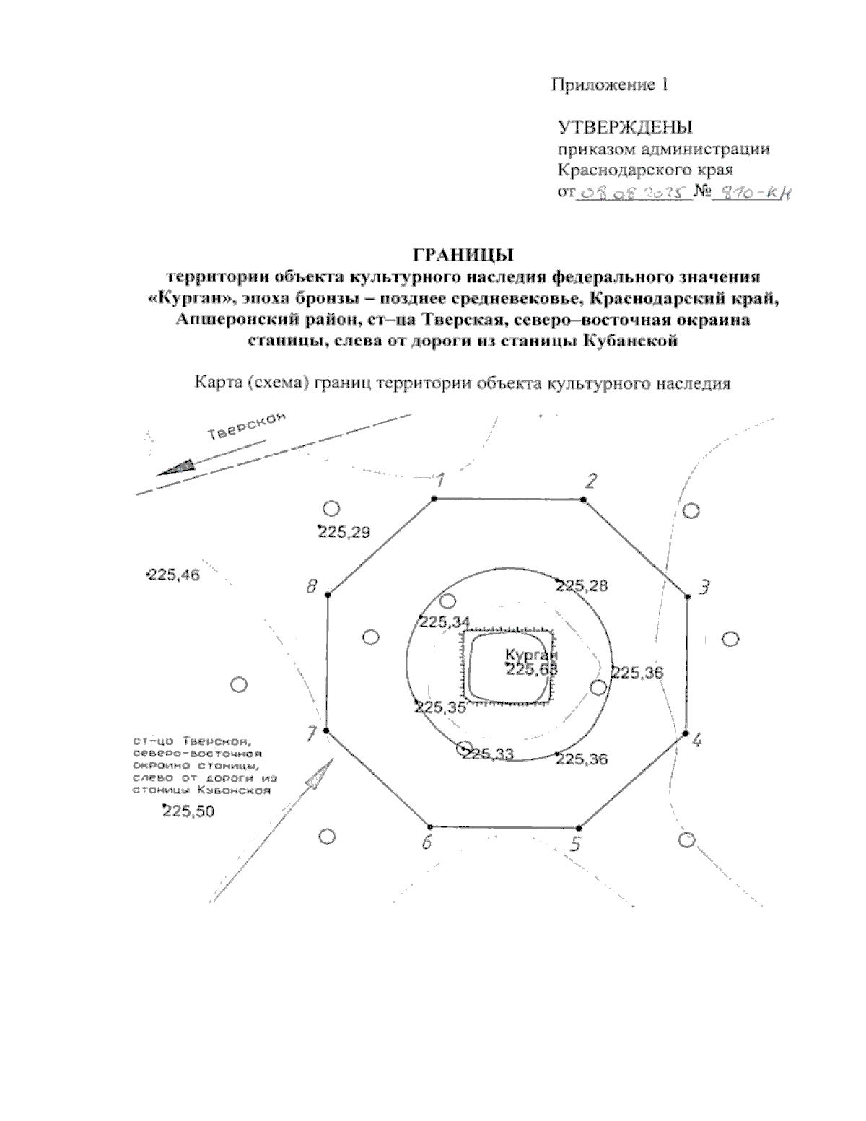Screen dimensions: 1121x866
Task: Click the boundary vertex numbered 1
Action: click(x=434, y=499)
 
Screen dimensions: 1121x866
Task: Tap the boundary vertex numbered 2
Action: click(x=583, y=500)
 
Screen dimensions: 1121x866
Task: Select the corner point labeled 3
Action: click(x=687, y=596)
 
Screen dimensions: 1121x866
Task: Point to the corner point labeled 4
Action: click(x=684, y=733)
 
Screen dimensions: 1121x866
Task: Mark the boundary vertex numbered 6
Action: click(x=430, y=826)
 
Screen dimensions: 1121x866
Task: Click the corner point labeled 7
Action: click(x=326, y=730)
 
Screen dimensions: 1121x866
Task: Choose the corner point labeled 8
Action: click(x=328, y=594)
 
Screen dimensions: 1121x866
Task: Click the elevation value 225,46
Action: click(x=173, y=575)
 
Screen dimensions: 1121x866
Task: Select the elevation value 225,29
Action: click(x=344, y=533)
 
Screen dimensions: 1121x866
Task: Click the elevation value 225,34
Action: click(x=445, y=622)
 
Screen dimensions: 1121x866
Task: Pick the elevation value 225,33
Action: click(x=488, y=755)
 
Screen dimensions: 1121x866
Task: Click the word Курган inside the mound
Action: click(x=532, y=655)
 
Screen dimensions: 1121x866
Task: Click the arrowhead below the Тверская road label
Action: click(x=176, y=468)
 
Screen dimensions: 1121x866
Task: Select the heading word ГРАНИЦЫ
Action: click(x=461, y=255)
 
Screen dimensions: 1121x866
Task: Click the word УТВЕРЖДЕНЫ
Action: click(x=625, y=128)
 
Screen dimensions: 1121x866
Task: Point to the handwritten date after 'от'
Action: click(x=631, y=193)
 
